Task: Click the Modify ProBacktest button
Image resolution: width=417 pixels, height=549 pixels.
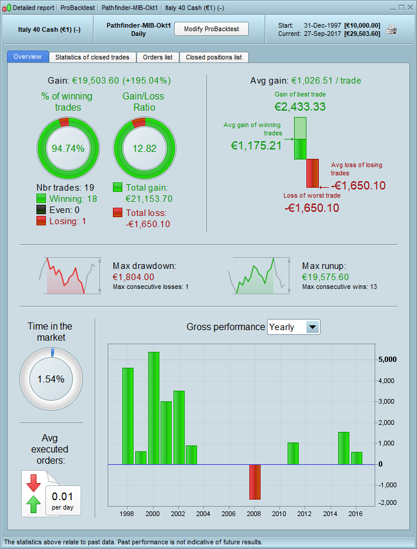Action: [211, 29]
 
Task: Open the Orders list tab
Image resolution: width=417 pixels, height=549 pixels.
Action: [158, 57]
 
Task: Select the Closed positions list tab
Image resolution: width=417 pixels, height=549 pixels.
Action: [213, 57]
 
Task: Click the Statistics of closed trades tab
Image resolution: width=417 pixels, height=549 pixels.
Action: [93, 57]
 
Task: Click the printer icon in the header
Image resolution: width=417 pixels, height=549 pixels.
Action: [391, 30]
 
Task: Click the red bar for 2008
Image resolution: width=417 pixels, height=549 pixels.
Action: [255, 482]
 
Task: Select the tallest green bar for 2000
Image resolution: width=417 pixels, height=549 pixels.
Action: [154, 408]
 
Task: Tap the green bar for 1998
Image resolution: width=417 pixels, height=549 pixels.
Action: [128, 415]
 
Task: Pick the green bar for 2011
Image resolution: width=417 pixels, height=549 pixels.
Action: [293, 453]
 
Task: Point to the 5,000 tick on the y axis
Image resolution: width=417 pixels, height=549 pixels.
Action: [388, 360]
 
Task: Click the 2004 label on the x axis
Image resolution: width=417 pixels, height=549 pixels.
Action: [203, 514]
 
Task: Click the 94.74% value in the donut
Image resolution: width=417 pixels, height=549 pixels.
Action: [68, 148]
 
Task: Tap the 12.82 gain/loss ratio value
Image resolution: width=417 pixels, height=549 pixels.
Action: [144, 148]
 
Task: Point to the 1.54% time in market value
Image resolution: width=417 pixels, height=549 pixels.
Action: [51, 379]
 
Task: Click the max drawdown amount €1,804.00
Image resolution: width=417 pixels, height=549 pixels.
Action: [133, 277]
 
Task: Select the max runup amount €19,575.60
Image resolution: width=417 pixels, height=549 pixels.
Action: [325, 277]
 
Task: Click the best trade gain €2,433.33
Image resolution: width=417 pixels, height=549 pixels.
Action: [300, 107]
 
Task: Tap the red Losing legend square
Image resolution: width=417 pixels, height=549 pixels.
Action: [41, 221]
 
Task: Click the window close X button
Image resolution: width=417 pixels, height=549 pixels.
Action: [409, 8]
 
